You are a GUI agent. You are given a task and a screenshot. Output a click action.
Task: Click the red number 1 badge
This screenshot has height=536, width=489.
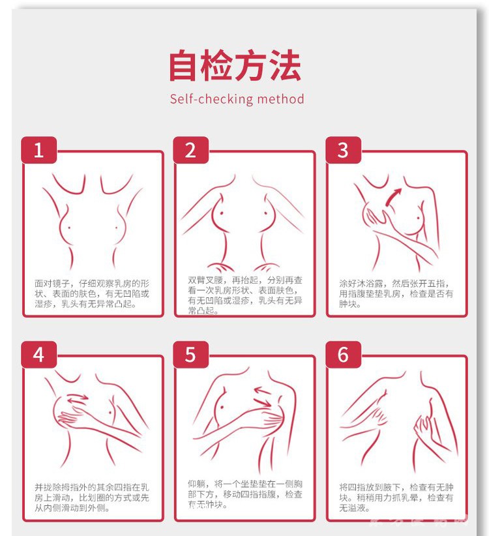tap(38, 151)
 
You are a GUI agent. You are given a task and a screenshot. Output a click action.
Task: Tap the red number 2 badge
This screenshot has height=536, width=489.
tap(190, 151)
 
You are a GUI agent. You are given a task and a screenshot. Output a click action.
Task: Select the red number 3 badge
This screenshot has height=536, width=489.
tap(343, 151)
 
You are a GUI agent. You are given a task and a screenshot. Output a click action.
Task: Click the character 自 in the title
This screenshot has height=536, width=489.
tap(184, 65)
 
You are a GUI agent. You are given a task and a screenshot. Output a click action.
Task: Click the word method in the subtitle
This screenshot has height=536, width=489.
tap(280, 100)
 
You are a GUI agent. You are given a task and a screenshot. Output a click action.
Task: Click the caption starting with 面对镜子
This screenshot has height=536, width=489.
tap(92, 293)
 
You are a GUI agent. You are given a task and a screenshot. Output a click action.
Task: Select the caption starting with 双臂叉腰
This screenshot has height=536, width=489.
tap(244, 295)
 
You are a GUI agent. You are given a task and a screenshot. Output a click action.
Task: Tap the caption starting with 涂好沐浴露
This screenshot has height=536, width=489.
tap(396, 293)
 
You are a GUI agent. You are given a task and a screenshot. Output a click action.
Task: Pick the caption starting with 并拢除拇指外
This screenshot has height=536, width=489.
tap(92, 497)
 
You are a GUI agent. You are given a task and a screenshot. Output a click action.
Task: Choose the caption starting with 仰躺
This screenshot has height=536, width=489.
tap(244, 494)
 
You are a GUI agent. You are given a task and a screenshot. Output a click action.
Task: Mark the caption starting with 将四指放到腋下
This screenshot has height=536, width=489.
tap(396, 497)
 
